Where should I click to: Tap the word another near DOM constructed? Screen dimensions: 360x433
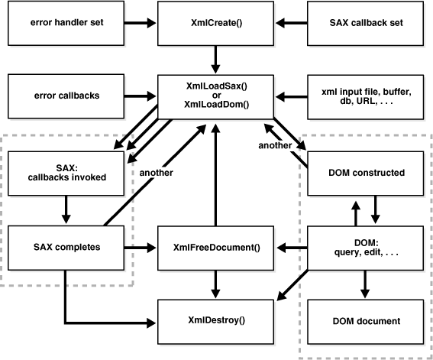click(276, 145)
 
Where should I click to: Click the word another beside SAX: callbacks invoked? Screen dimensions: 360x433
click(157, 172)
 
